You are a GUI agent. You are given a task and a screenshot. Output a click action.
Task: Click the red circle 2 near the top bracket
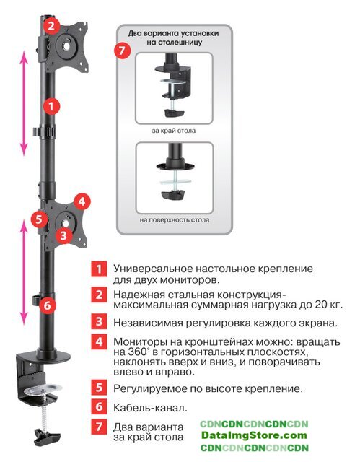pyautogui.click(x=51, y=26)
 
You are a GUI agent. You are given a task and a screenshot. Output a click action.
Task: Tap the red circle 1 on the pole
pyautogui.click(x=52, y=106)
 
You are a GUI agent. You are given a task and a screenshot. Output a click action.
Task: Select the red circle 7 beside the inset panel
pyautogui.click(x=122, y=51)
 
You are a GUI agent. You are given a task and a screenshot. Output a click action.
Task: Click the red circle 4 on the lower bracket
pyautogui.click(x=82, y=202)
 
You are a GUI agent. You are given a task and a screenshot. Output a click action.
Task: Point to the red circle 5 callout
pyautogui.click(x=40, y=219)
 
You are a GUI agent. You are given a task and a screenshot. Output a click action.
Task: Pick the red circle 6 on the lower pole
pyautogui.click(x=48, y=305)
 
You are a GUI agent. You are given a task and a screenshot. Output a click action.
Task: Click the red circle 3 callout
pyautogui.click(x=63, y=235)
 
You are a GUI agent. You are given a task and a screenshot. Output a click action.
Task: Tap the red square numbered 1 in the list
pyautogui.click(x=99, y=269)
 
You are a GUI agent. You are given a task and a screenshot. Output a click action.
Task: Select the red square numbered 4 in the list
pyautogui.click(x=99, y=341)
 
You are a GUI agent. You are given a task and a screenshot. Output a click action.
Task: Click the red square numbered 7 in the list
pyautogui.click(x=99, y=427)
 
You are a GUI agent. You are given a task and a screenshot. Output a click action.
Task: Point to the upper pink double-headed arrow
pyautogui.click(x=24, y=103)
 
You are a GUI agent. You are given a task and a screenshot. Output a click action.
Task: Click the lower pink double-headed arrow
pyautogui.click(x=24, y=272)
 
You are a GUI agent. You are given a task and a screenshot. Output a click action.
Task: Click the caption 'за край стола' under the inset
pyautogui.click(x=174, y=131)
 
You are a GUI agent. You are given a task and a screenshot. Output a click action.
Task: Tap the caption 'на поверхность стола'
pyautogui.click(x=175, y=219)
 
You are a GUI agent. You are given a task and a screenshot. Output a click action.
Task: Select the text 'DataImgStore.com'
pyautogui.click(x=254, y=435)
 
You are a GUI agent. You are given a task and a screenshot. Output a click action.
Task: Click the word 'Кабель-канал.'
pyautogui.click(x=150, y=408)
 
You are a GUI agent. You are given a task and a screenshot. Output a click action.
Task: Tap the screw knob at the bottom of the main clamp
pyautogui.click(x=47, y=436)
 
